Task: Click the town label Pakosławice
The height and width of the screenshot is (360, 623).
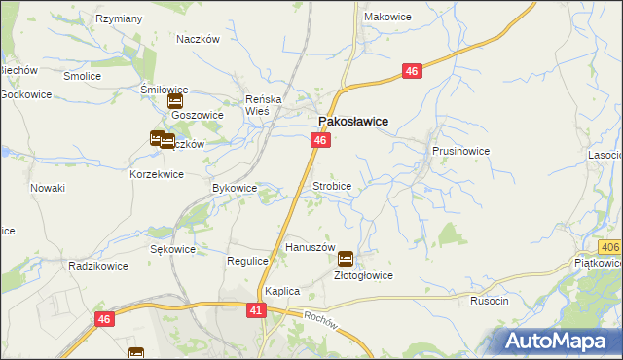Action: click(x=354, y=121)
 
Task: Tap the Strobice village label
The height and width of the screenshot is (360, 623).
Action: click(x=331, y=185)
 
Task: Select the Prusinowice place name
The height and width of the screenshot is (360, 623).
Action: click(x=460, y=152)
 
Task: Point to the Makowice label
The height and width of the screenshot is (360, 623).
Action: click(x=386, y=17)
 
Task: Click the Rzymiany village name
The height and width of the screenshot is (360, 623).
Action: click(x=120, y=18)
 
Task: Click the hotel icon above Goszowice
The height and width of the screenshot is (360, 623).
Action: click(x=175, y=99)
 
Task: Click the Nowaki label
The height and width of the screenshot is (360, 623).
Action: click(x=48, y=188)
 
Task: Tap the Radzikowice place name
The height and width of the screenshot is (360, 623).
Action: click(x=99, y=265)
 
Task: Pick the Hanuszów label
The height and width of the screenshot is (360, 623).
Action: click(x=310, y=248)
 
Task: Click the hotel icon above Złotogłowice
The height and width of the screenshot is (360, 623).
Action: click(x=346, y=259)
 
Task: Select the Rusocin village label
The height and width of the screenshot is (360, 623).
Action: click(x=489, y=301)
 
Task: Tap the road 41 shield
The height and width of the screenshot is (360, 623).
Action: click(x=256, y=309)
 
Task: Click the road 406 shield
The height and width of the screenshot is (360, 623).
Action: click(x=610, y=250)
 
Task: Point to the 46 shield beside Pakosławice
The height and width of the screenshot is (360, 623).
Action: click(x=320, y=141)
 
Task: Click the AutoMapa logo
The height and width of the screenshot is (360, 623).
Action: click(x=560, y=341)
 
